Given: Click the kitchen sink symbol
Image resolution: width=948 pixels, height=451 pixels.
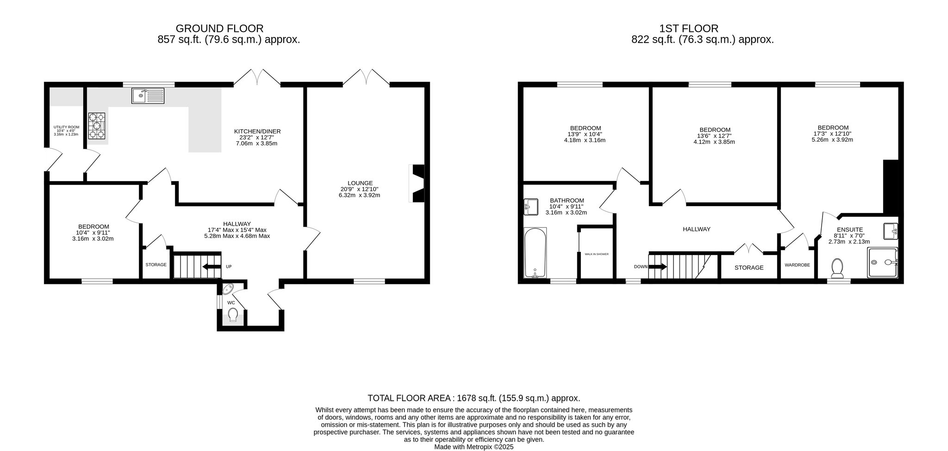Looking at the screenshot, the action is tap(148, 96).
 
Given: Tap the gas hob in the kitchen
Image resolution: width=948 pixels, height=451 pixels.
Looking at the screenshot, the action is tap(96, 125).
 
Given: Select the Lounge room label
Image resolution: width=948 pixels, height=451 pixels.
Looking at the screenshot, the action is tap(360, 183).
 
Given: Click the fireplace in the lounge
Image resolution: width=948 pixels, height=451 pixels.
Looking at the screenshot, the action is tap(416, 183).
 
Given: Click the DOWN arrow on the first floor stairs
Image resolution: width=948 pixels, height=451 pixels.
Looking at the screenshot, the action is tap(658, 267).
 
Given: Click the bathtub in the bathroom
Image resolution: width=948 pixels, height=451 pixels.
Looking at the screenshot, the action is tap(535, 252).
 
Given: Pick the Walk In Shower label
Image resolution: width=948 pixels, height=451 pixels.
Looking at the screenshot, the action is tap(596, 254).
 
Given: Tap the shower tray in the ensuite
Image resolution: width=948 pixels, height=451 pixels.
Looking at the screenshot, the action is tap(882, 263).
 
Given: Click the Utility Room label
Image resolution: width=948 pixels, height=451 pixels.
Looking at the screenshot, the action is tap(67, 127).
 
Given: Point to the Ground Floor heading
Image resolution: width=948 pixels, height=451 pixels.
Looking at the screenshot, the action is tap(219, 29).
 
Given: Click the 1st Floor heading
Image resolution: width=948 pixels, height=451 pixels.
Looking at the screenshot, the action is tap(689, 29).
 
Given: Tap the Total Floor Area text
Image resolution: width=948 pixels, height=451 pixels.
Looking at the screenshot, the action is tap(474, 398).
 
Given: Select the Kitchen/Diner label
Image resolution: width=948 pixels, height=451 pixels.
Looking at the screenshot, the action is tap(257, 132).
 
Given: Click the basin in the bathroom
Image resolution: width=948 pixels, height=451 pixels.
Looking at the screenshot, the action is tap(531, 207).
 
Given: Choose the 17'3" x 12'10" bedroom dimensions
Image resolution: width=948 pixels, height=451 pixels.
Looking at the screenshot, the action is tap(832, 133).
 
